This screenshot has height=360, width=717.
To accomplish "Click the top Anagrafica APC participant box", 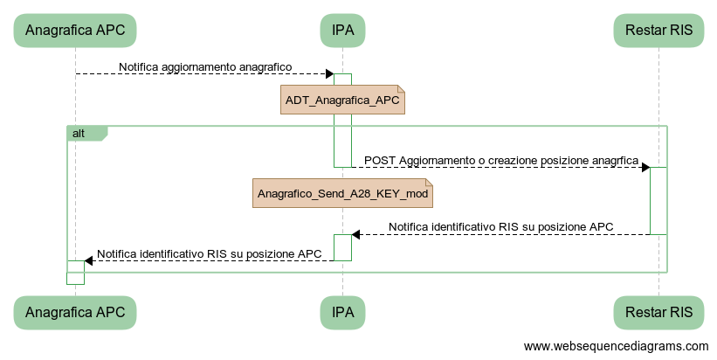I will [75, 31].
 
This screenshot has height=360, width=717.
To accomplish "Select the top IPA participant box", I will [342, 31].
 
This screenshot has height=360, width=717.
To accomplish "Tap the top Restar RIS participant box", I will [658, 31].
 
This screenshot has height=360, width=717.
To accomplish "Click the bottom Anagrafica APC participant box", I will [75, 312].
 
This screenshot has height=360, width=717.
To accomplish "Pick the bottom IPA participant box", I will [342, 312].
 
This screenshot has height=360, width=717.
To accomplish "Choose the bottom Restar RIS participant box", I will [658, 312].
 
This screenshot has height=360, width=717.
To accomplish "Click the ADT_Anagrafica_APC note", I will [342, 100].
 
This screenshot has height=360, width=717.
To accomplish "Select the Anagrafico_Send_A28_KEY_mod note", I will [342, 193].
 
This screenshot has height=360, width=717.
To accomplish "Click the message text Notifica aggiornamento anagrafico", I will [205, 66].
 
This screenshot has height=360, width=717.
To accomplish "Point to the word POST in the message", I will [379, 161].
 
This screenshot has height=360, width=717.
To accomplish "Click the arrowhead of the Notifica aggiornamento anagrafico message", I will [328, 73].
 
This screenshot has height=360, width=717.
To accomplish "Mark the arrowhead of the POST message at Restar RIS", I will [645, 167].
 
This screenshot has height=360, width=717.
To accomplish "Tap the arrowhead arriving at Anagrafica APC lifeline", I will [89, 260].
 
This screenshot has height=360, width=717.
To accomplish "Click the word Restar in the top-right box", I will [643, 31].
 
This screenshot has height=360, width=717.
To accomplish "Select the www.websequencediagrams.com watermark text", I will [616, 347].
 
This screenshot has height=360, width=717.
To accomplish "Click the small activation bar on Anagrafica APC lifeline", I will [75, 272].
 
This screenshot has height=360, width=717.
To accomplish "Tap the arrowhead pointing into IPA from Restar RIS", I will [356, 234].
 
